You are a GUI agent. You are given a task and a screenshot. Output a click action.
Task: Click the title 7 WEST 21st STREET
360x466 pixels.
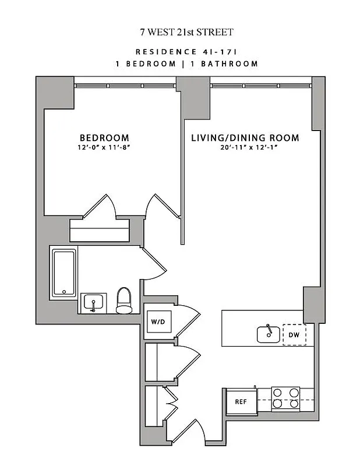pos(180,32)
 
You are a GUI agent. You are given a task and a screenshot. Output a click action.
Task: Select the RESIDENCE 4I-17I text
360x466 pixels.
pos(180,51)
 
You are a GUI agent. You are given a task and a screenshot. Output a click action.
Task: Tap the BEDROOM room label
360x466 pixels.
pos(104,137)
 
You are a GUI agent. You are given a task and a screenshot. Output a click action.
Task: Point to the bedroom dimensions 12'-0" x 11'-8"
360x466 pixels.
pos(104,147)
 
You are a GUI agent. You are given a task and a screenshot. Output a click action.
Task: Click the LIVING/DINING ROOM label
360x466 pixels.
pos(245,138)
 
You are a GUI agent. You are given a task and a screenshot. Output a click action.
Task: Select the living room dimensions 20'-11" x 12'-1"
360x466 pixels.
pos(245,147)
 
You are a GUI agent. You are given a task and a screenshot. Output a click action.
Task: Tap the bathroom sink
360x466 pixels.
pos(93,302)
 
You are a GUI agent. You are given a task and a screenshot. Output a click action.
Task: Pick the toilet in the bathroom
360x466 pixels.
pos(124,299)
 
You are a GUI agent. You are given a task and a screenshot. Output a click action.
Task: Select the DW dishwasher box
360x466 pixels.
pos(294,334)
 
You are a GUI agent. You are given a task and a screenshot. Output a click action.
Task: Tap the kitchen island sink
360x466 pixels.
pos(268,334)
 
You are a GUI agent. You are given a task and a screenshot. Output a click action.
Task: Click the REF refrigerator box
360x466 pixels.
pos(241,402)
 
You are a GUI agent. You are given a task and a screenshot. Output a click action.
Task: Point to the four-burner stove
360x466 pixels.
pos(286,398)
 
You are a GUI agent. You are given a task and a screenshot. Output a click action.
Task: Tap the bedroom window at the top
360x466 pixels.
pos(125,86)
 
